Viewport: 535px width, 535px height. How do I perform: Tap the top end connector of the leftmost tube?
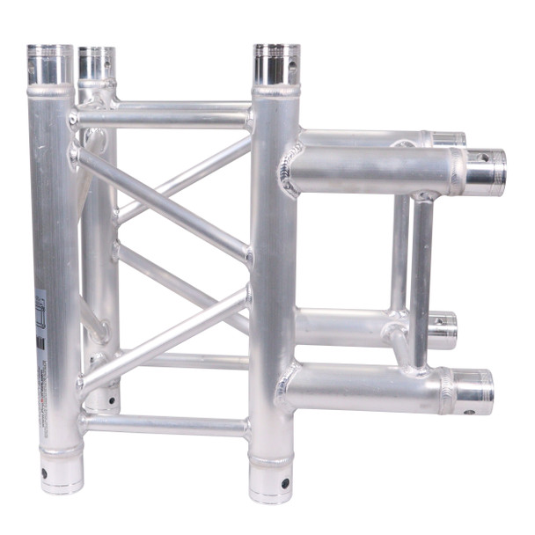[x=49, y=64]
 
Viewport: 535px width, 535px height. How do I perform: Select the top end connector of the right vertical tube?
[x=276, y=64]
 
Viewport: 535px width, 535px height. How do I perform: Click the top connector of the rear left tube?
[x=96, y=62]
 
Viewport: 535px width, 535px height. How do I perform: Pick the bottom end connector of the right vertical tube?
[x=272, y=480]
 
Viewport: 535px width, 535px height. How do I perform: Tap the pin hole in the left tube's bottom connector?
[x=44, y=473]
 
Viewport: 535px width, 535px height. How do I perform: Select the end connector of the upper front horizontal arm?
[x=485, y=172]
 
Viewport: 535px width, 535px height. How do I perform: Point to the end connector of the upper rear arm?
[x=447, y=139]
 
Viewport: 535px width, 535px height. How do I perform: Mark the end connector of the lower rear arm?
[x=443, y=329]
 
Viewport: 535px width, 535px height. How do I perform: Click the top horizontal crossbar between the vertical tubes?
[x=163, y=115]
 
